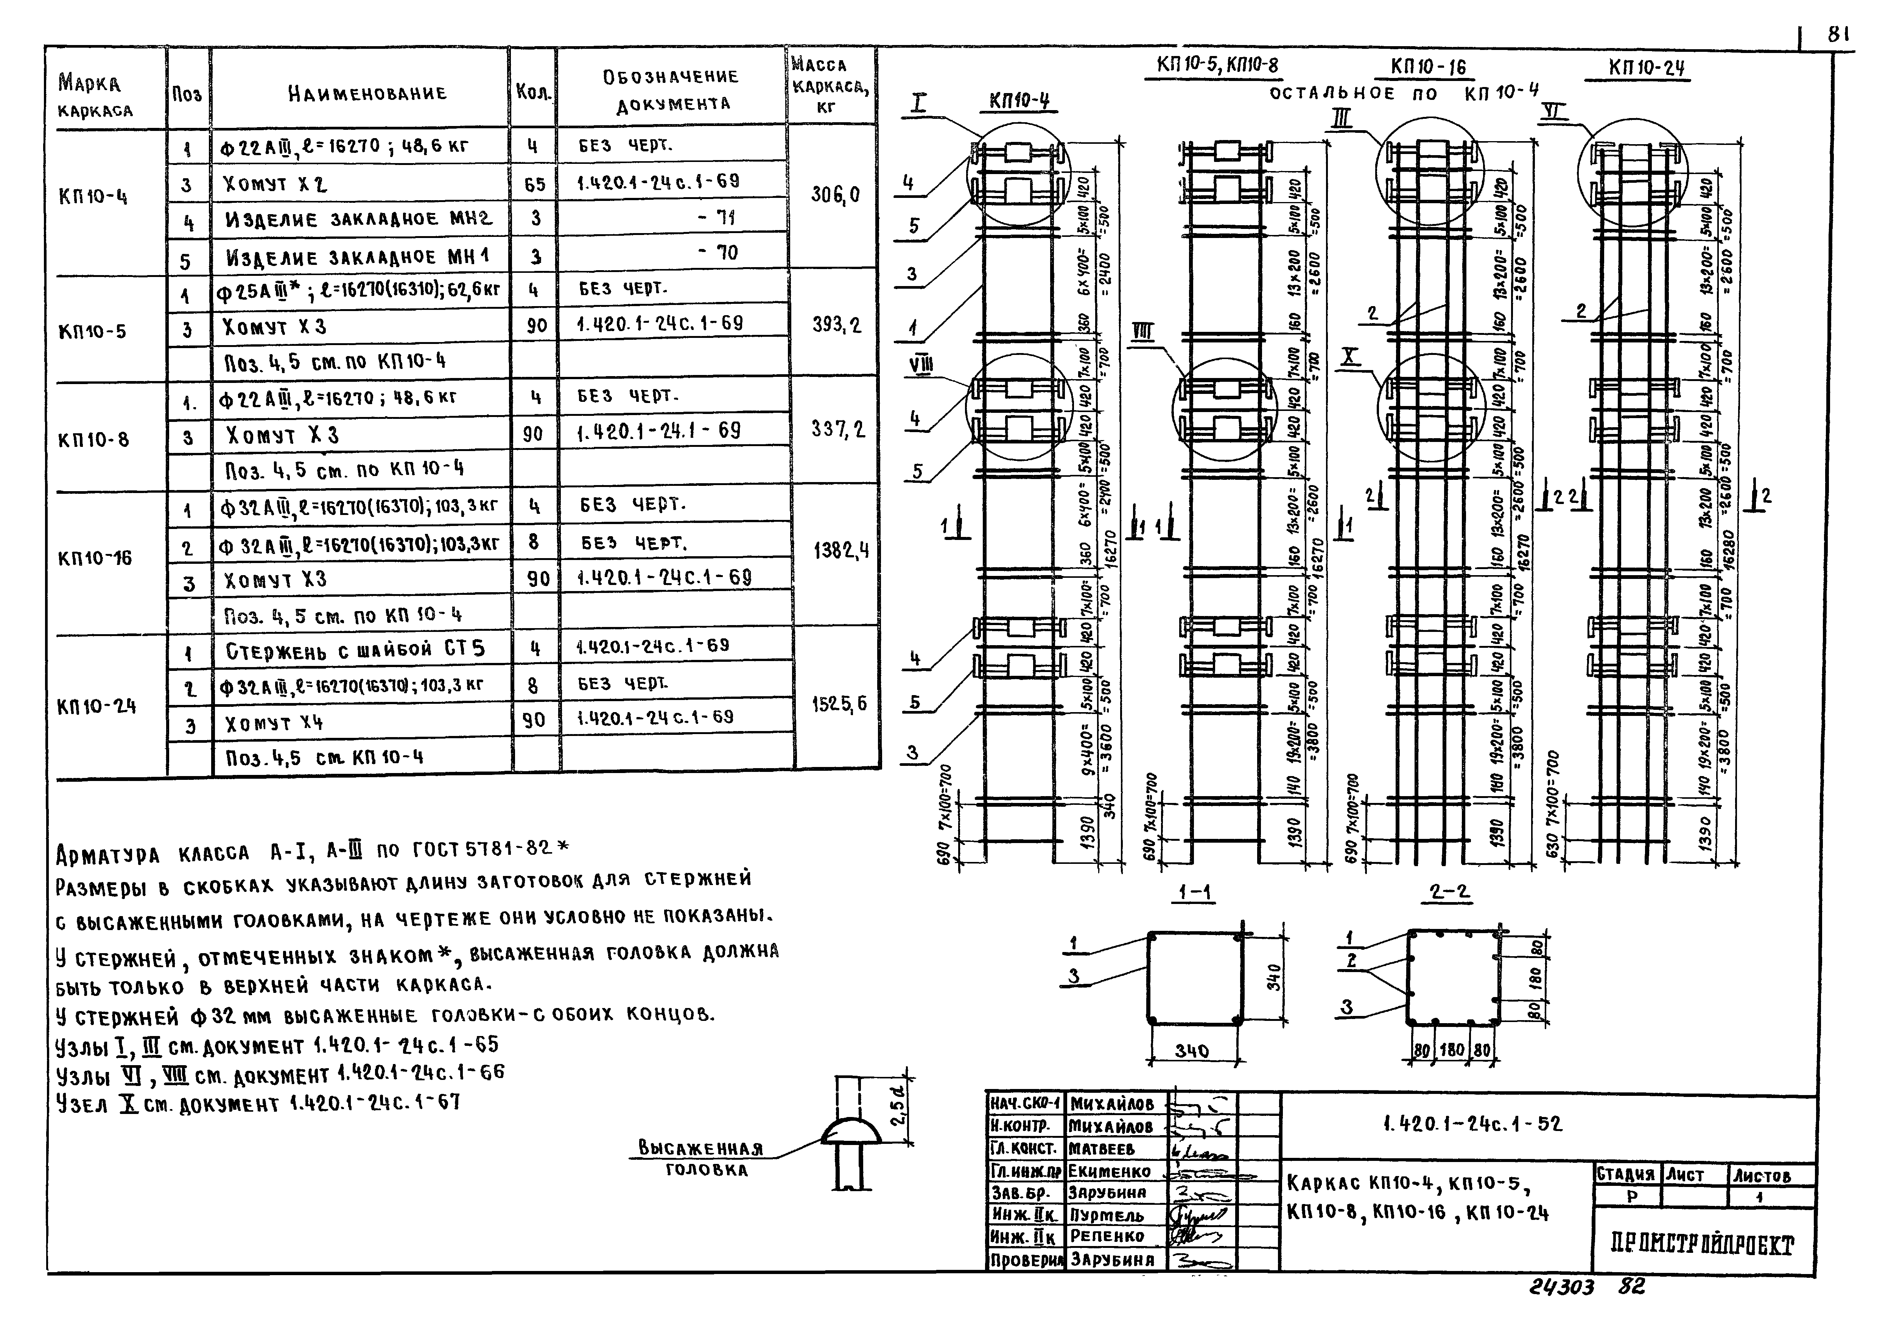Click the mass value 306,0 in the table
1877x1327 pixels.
(x=835, y=194)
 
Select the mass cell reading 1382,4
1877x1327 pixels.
(x=840, y=551)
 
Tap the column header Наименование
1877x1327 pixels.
(x=367, y=92)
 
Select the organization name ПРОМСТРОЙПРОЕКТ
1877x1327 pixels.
(x=1704, y=1245)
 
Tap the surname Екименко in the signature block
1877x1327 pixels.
(x=1108, y=1171)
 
